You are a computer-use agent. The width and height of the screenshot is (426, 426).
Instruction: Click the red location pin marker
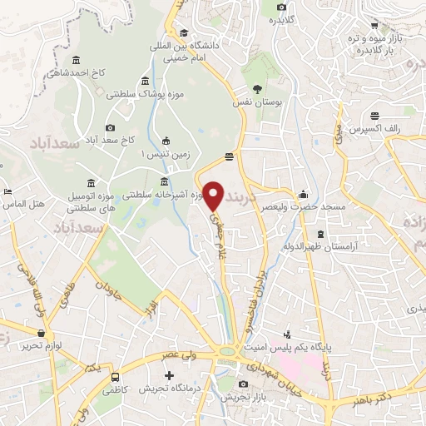[214, 196]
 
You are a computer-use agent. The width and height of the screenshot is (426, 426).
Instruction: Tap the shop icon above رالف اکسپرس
[377, 116]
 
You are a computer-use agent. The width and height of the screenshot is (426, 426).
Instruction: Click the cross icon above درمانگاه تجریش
[169, 375]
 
